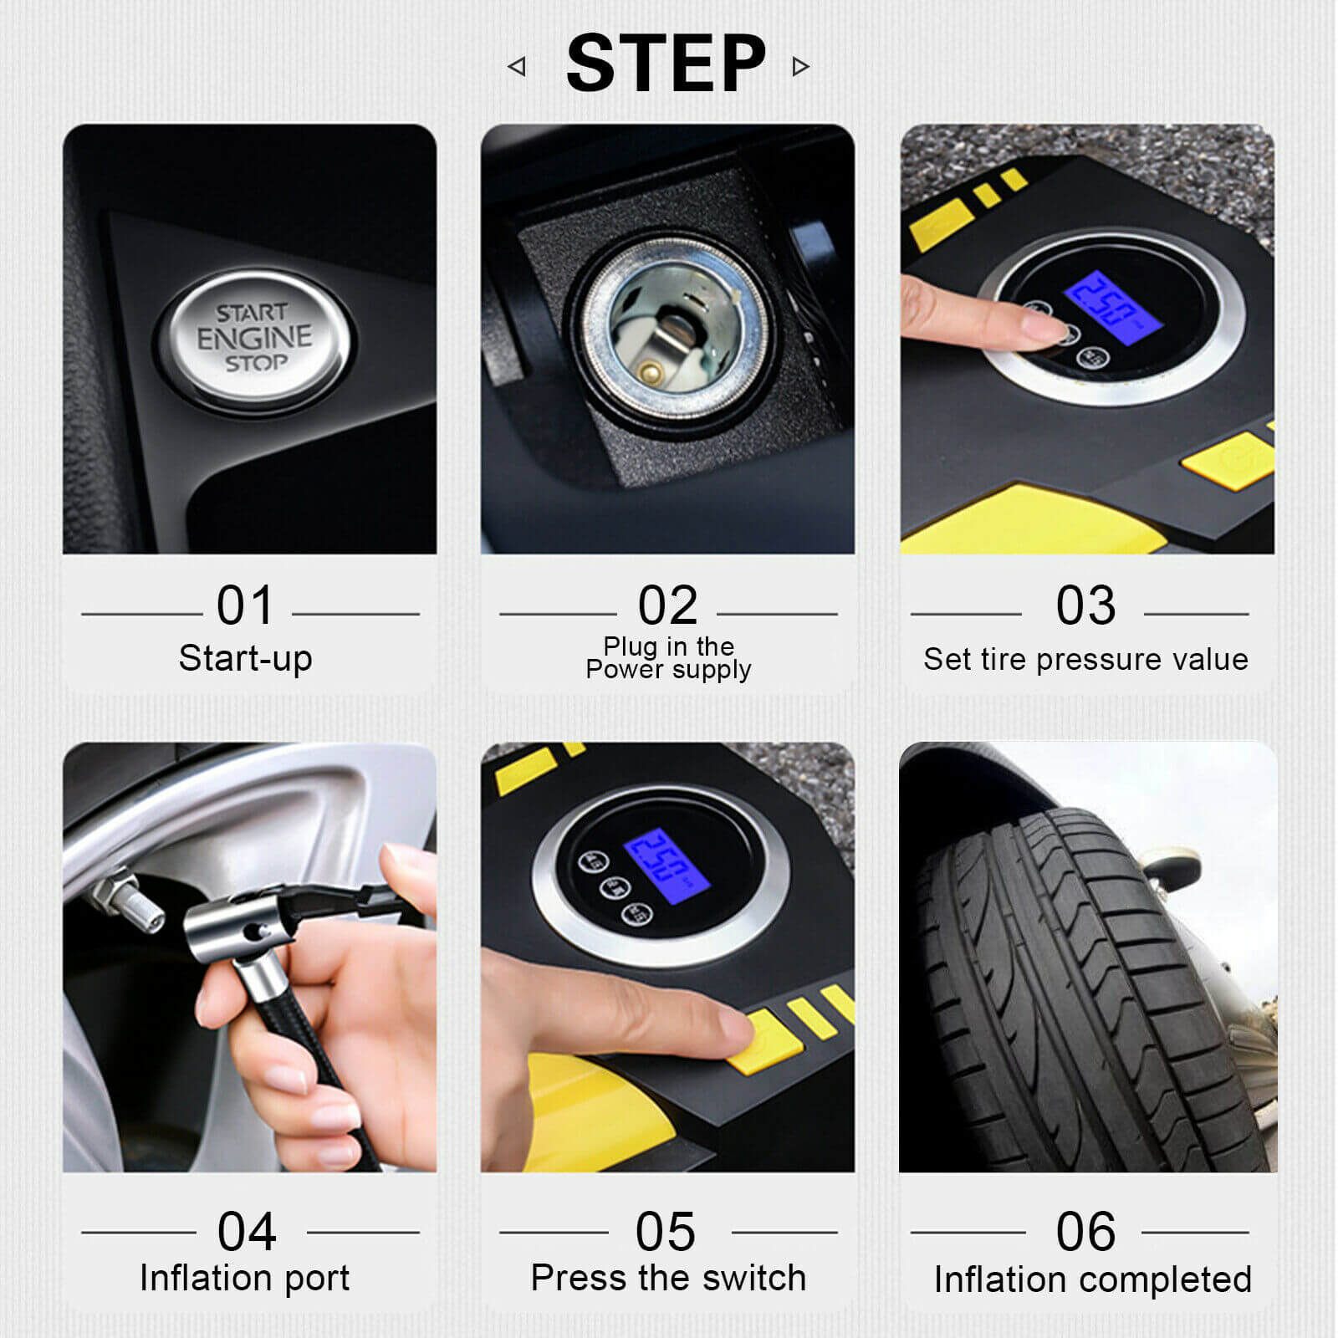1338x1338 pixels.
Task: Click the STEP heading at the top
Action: (666, 64)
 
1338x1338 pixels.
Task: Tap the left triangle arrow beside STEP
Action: (518, 66)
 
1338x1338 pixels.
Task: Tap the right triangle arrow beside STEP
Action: (800, 66)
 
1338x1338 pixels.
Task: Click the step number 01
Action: (245, 605)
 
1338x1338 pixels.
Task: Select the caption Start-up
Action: (245, 658)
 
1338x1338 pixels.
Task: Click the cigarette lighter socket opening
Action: (669, 334)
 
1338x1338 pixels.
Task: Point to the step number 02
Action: (667, 605)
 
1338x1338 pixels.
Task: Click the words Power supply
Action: (668, 670)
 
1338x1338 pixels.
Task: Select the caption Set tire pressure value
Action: (1085, 659)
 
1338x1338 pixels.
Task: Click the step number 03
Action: (1085, 605)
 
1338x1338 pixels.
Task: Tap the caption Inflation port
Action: (245, 1278)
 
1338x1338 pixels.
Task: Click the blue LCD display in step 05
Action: (666, 866)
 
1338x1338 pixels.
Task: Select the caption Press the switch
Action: (668, 1278)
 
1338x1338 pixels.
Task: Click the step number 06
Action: (1085, 1232)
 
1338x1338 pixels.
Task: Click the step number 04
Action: (247, 1232)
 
